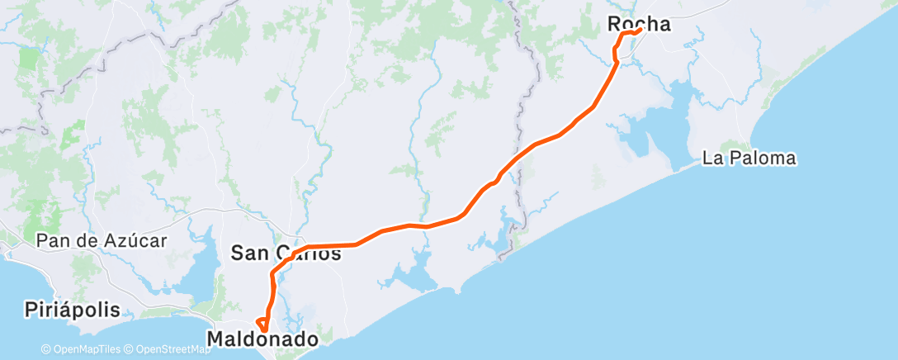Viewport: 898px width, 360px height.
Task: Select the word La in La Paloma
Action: coord(711,159)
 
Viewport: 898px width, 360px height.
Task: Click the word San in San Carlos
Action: coord(248,253)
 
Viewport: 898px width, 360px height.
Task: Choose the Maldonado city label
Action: coord(262,339)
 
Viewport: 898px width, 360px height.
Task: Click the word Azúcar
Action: coord(136,241)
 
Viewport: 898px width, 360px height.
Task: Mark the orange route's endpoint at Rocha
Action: coord(640,31)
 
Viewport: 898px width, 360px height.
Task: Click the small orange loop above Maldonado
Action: coord(262,324)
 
